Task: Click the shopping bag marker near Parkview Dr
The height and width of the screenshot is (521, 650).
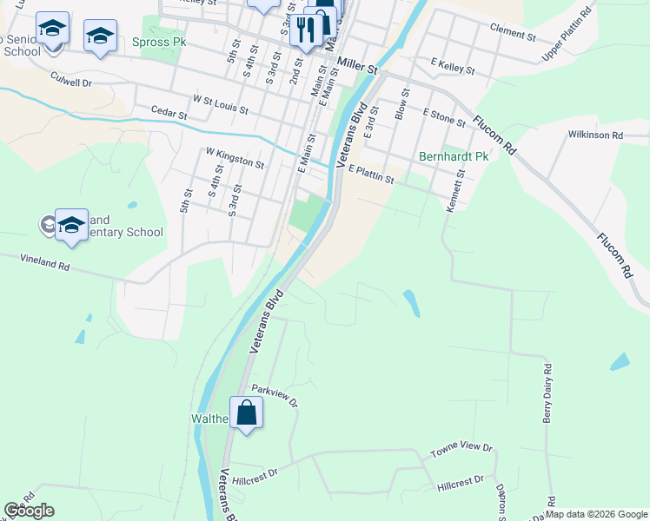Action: pyautogui.click(x=247, y=412)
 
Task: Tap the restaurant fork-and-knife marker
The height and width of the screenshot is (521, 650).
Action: pyautogui.click(x=305, y=31)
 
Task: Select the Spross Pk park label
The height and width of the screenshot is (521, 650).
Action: pyautogui.click(x=158, y=42)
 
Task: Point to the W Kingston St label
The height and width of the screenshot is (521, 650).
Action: pyautogui.click(x=235, y=157)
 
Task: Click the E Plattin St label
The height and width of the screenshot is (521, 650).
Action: pyautogui.click(x=371, y=176)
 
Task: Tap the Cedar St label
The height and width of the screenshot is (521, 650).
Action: pyautogui.click(x=169, y=114)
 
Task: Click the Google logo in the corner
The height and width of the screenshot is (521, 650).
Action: pyautogui.click(x=29, y=511)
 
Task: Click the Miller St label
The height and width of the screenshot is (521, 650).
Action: pyautogui.click(x=360, y=64)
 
